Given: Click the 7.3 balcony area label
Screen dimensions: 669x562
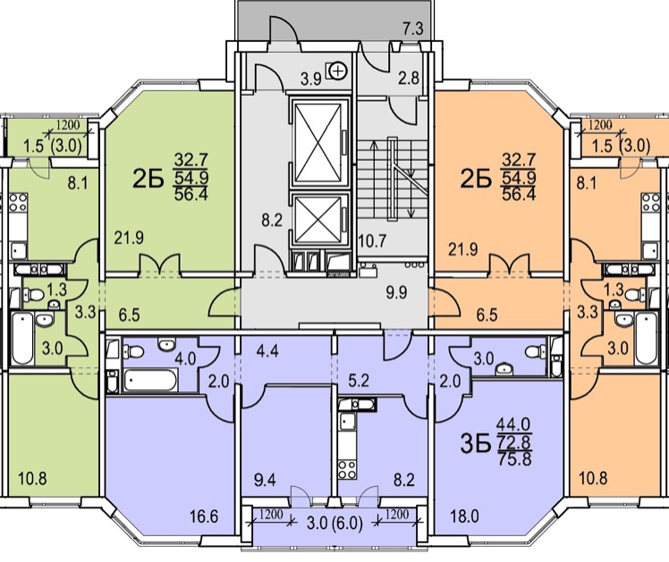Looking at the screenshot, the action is tap(413, 29).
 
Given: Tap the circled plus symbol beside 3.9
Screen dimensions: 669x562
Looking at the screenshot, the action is tap(339, 70).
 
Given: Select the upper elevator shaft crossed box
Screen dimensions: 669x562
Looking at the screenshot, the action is tap(318, 141).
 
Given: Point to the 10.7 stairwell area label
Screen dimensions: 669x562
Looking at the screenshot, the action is tap(372, 241).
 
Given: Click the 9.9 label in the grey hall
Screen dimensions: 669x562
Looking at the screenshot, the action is tap(396, 292).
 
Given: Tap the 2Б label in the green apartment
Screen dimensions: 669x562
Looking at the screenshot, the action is tap(148, 179).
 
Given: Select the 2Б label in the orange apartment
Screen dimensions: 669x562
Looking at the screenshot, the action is tap(476, 179).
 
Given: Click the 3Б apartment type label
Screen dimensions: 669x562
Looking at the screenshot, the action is tap(475, 443).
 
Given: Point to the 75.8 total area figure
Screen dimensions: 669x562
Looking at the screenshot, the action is tap(514, 459).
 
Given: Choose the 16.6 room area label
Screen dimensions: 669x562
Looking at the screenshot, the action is tap(204, 516).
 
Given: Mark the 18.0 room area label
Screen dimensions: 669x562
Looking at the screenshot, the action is tap(464, 516).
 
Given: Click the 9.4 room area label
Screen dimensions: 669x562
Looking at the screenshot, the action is tap(265, 480).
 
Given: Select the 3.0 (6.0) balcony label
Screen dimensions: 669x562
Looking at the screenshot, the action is tap(334, 523).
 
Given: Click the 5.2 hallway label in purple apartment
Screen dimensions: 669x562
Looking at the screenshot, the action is tap(359, 380).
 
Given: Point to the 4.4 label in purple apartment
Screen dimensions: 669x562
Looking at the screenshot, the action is tap(267, 351).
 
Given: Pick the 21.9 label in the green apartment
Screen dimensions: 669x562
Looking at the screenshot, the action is tap(129, 238).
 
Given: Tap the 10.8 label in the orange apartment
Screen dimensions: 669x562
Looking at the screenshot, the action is tap(593, 478).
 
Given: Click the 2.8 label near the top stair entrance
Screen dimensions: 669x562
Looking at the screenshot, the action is tap(409, 78).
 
